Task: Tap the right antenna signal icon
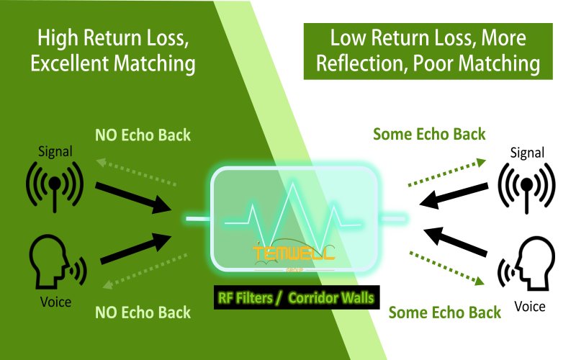coord(527,186)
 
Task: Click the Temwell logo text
coord(292,253)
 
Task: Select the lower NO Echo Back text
coord(143,312)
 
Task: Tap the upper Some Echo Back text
coord(430,134)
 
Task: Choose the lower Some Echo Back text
coord(444,312)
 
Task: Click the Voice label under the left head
coord(55,302)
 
